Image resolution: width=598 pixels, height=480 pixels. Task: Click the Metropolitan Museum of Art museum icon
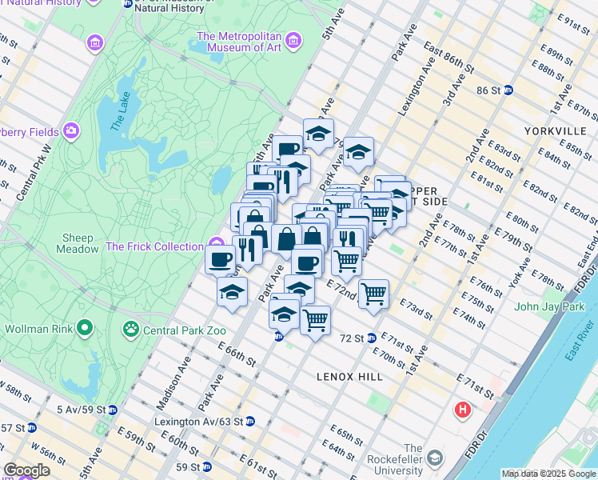tap(293, 40)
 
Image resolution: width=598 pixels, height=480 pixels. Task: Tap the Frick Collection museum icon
tap(215, 242)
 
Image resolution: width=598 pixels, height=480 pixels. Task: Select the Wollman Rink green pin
tap(85, 327)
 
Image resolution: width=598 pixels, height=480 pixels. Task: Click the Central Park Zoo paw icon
tap(128, 328)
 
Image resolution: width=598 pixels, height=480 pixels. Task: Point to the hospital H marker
tap(462, 411)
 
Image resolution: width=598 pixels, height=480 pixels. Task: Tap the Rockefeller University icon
tap(435, 459)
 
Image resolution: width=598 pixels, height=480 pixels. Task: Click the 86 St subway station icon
tap(508, 90)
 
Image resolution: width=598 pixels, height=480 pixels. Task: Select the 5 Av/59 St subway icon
tap(113, 410)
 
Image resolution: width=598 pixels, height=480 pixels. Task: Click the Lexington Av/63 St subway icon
tap(249, 421)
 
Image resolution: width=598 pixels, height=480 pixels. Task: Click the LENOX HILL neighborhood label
tap(350, 376)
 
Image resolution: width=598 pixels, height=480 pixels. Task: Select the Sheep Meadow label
tap(77, 243)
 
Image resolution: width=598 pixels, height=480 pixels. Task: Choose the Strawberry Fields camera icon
tap(71, 130)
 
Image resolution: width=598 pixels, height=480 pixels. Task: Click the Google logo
tap(26, 470)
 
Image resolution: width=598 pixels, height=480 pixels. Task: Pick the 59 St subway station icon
tap(206, 466)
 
